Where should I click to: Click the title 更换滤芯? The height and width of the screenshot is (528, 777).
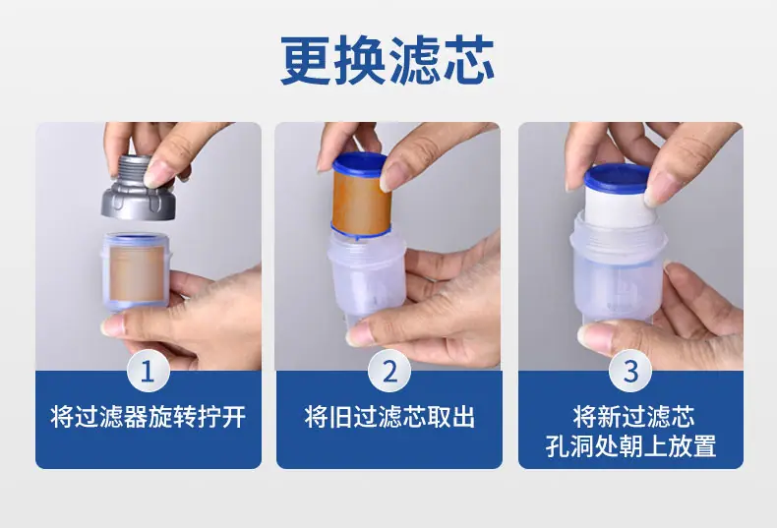click(x=387, y=60)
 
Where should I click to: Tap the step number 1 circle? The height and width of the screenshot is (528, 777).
click(x=148, y=371)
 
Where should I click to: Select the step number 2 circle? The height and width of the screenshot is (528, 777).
click(x=389, y=371)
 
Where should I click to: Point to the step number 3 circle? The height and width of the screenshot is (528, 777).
click(x=630, y=371)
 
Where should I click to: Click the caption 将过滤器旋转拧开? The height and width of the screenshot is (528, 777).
click(x=149, y=417)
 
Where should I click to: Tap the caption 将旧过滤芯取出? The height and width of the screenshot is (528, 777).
click(x=389, y=417)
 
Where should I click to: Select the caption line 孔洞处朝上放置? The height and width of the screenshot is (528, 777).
click(x=630, y=445)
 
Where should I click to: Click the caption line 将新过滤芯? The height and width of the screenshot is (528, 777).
click(x=633, y=417)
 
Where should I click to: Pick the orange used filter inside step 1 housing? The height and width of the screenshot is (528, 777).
click(x=137, y=273)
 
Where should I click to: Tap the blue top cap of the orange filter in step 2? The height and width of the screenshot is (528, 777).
click(x=360, y=164)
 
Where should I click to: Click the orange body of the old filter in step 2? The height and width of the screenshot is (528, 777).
click(x=361, y=203)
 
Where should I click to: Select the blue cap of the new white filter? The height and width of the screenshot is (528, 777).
click(x=617, y=178)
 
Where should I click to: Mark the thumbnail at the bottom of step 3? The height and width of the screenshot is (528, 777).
click(x=597, y=334)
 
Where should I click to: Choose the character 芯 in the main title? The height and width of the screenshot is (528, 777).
click(x=468, y=60)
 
